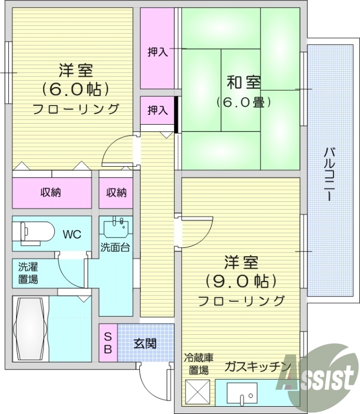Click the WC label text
72,234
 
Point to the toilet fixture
35,233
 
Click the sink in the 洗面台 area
116,228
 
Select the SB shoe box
108,342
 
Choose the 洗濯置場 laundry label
28,273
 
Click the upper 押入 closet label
157,52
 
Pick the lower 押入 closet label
157,110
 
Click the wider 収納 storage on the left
51,193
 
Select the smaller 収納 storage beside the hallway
117,193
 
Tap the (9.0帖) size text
241,281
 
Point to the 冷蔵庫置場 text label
198,364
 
